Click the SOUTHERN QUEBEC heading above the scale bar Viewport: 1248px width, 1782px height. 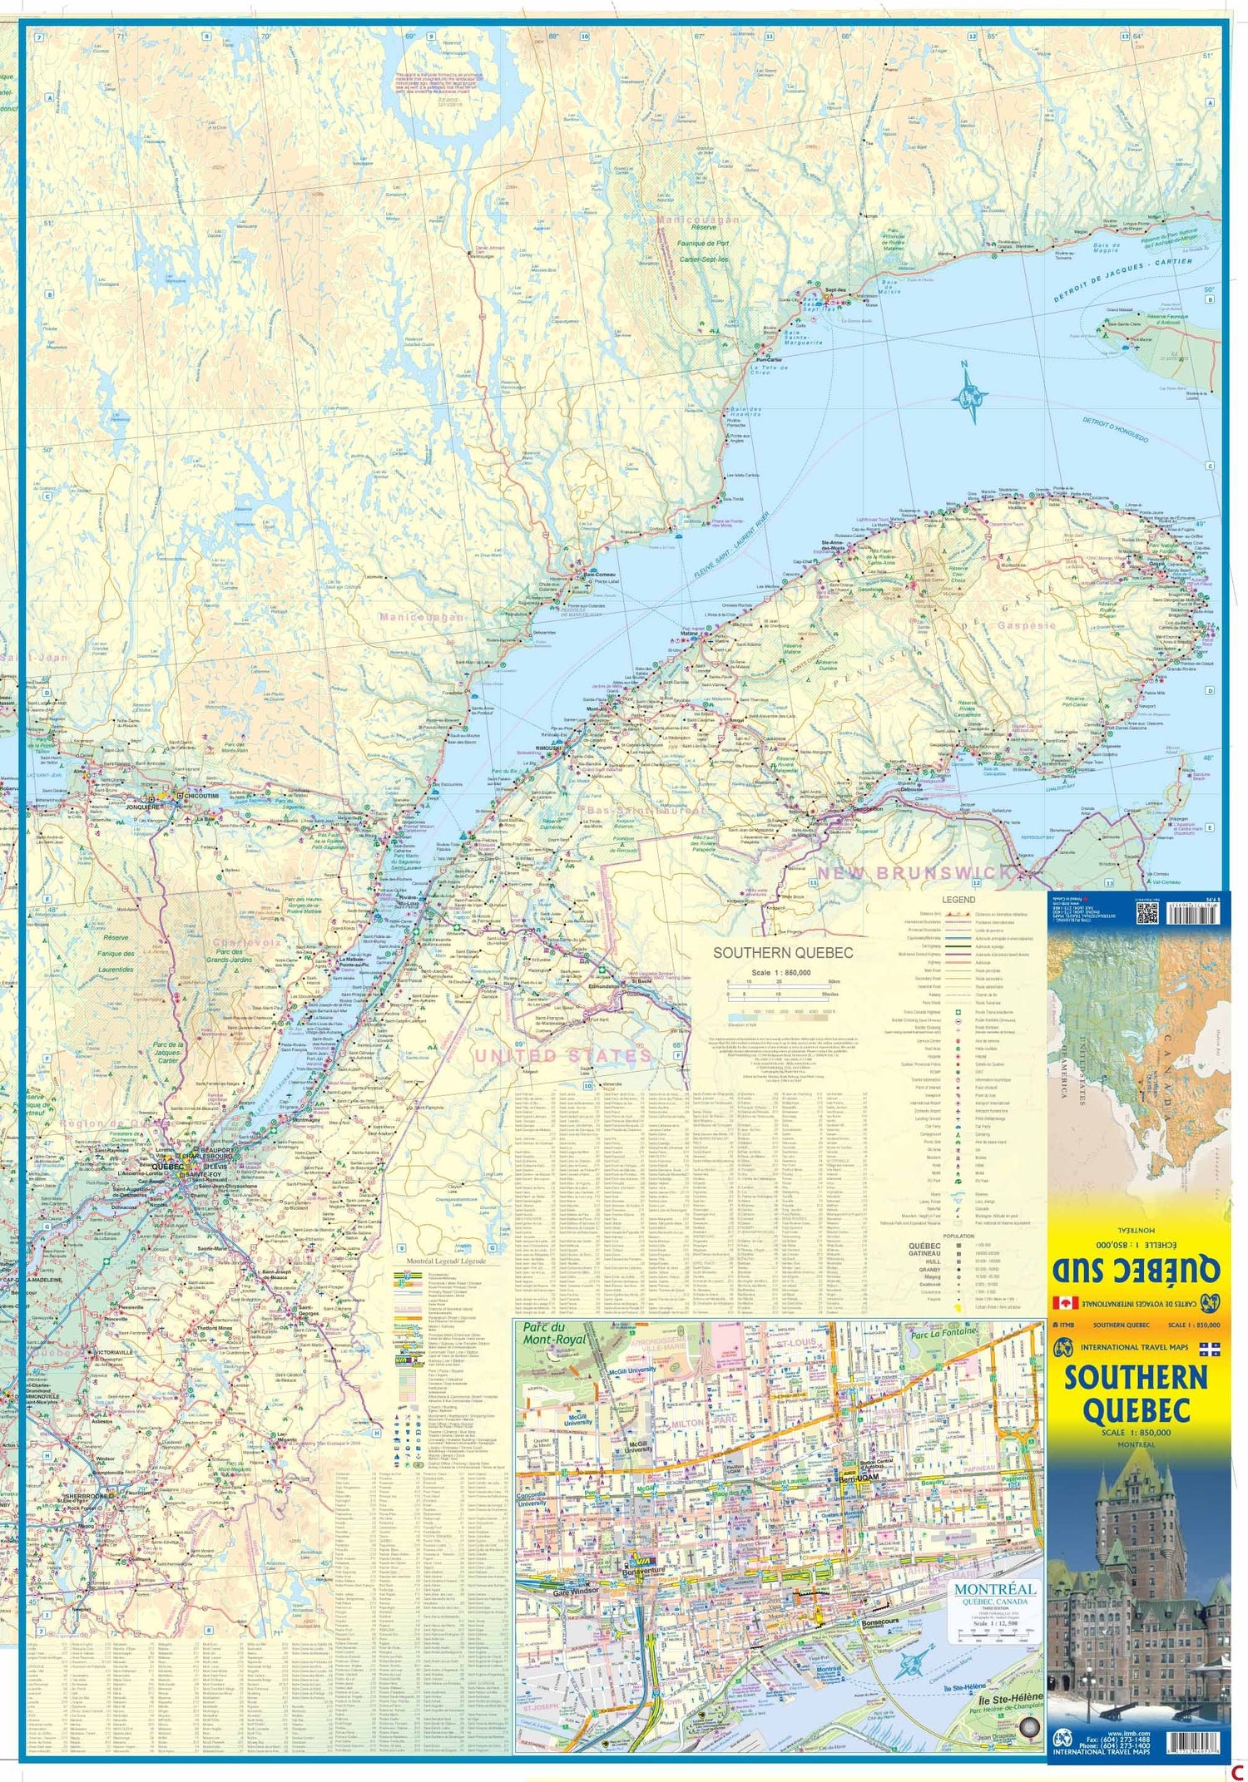coord(783,952)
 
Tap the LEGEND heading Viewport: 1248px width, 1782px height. coord(958,900)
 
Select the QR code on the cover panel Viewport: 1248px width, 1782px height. coord(1146,913)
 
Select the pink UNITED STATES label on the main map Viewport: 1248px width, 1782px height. coord(562,1055)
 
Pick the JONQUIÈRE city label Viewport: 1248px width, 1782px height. coord(143,806)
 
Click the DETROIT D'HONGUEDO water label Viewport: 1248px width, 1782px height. coord(1115,429)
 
